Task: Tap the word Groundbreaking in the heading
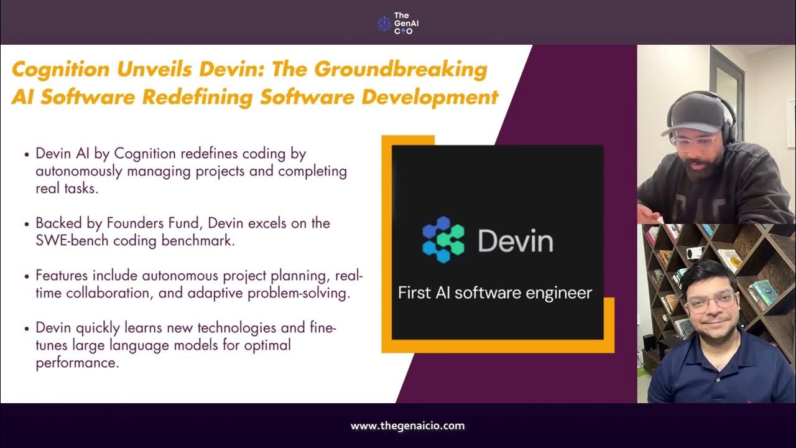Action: [x=400, y=69]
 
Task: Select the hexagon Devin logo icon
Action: [x=443, y=239]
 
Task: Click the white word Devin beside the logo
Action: [x=515, y=240]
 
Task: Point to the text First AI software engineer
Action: [x=495, y=292]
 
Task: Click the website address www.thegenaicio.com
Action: [x=407, y=426]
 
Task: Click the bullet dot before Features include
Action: [x=26, y=275]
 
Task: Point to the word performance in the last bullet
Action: [x=76, y=363]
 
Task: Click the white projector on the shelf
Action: [x=694, y=253]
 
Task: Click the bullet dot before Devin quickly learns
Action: [x=26, y=328]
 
